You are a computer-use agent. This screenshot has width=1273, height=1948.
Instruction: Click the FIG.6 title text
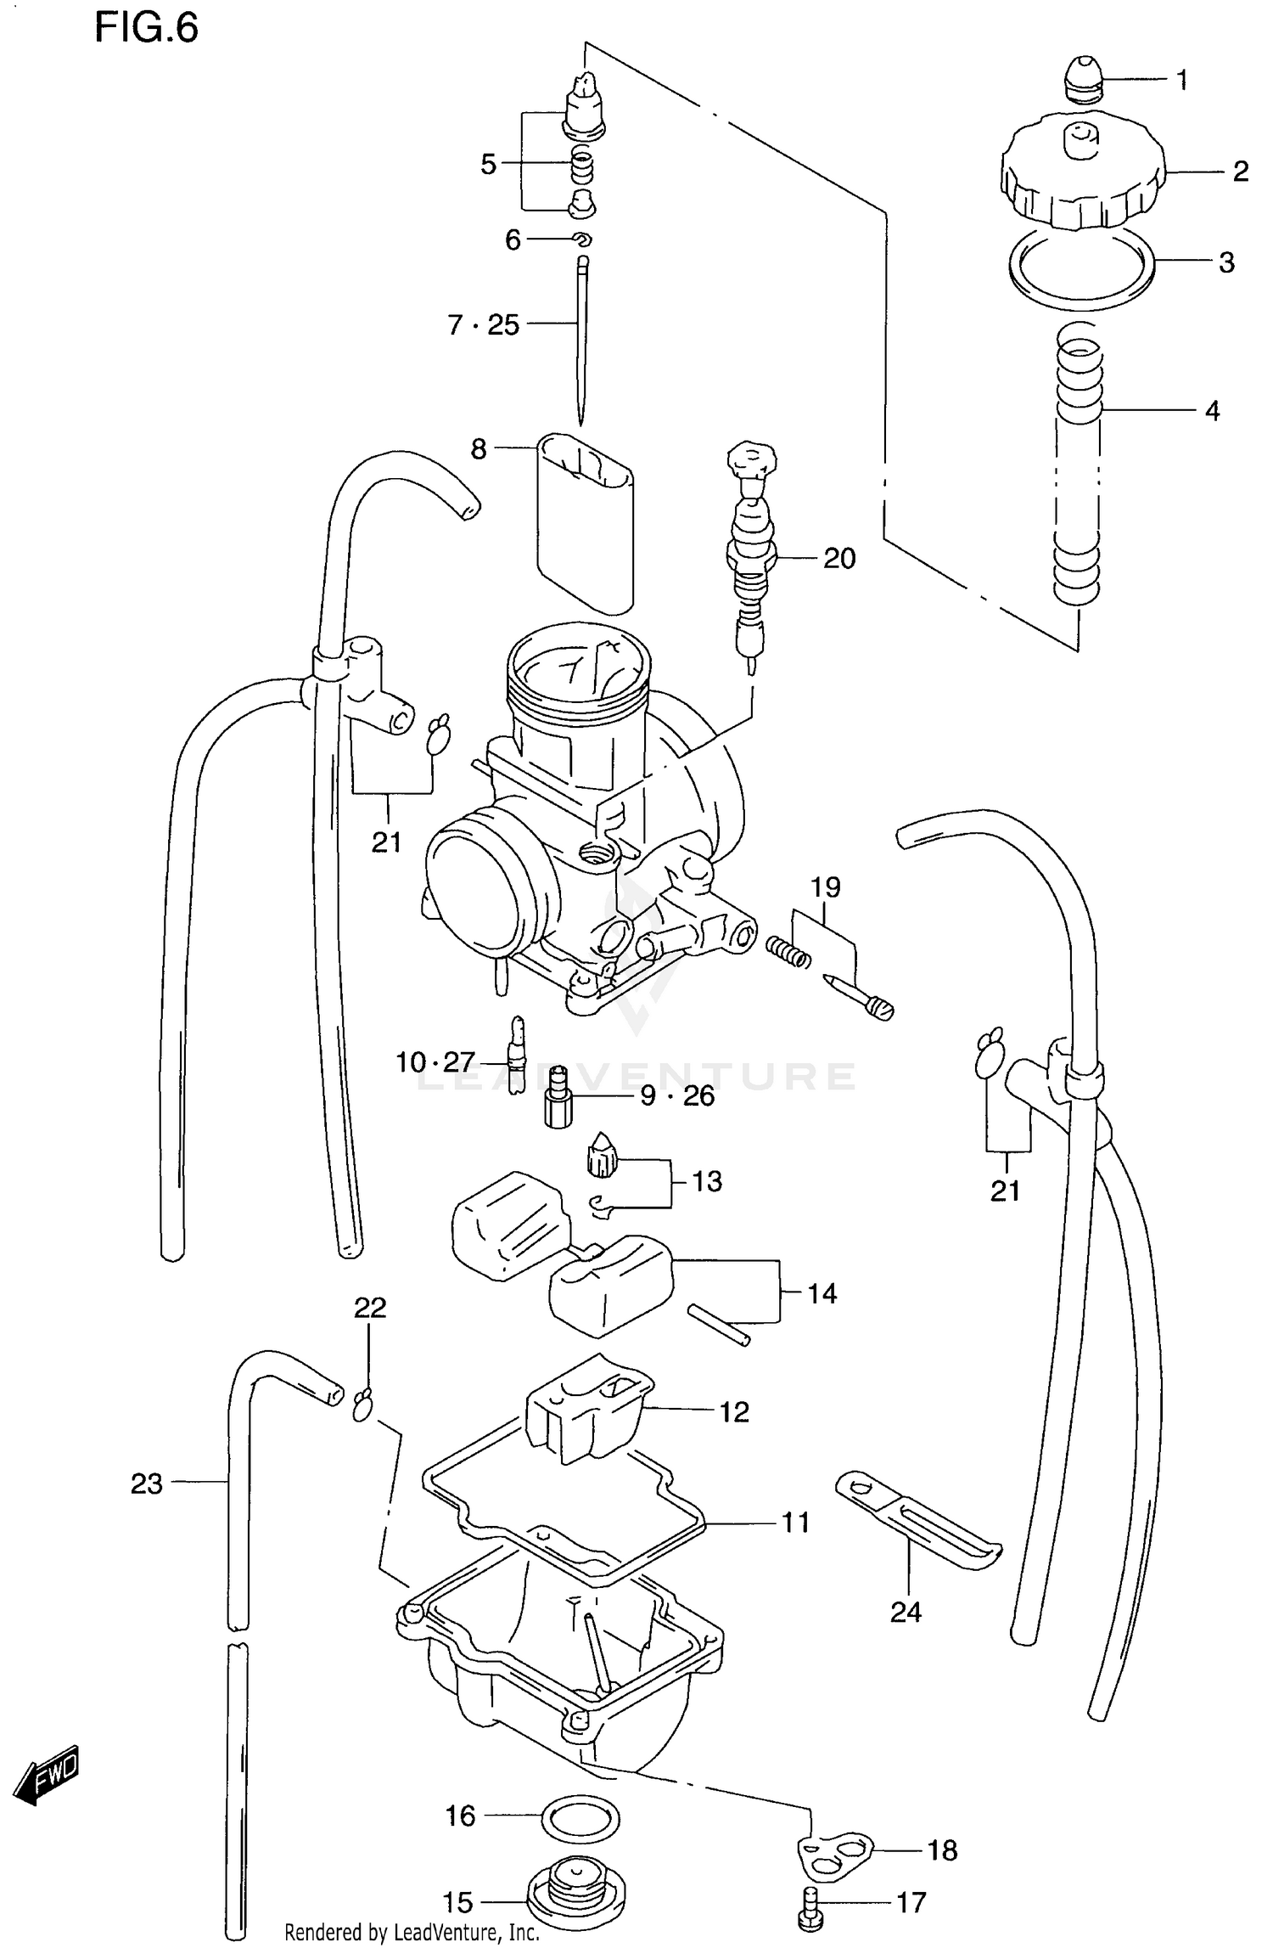[146, 28]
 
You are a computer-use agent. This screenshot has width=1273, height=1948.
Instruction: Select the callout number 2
[1240, 172]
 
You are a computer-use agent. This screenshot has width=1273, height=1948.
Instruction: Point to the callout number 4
[1212, 411]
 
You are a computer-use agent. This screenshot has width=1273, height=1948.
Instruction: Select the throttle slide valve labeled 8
[586, 522]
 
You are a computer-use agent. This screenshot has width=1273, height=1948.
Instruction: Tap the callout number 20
[838, 558]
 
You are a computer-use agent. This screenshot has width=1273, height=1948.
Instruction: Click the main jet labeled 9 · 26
[557, 1097]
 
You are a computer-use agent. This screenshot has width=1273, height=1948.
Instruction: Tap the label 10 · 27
[435, 1061]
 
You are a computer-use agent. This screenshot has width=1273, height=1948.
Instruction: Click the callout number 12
[734, 1412]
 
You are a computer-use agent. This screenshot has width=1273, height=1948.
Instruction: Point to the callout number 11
[794, 1523]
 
